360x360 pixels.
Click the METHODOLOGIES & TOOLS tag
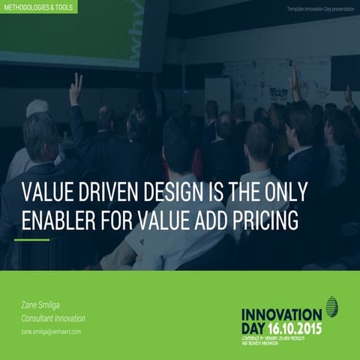click(38, 6)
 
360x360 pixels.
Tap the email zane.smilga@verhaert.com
click(51, 331)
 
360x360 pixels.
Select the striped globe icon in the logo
click(332, 307)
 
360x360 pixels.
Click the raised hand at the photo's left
click(75, 88)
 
